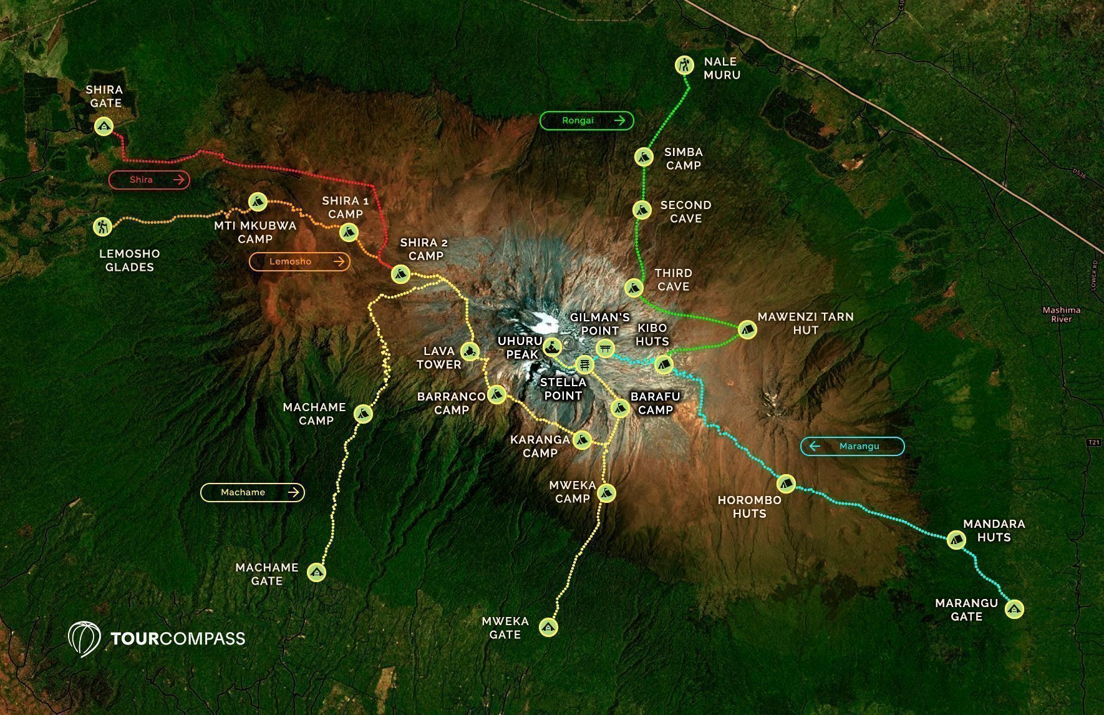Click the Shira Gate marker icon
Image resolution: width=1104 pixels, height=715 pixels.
104,127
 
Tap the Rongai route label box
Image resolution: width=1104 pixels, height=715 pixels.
586,120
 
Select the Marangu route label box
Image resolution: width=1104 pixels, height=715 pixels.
852,446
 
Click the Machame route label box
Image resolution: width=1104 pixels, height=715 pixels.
252,492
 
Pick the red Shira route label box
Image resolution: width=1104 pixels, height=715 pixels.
149,180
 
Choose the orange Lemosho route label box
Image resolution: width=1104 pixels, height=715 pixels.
299,261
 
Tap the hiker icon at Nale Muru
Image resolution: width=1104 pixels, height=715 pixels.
685,64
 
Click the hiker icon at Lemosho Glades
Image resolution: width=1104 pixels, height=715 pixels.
102,226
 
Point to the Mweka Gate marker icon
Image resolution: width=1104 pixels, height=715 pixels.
548,626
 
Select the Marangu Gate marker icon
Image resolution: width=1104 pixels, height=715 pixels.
1015,609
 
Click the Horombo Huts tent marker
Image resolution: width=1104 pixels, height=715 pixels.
786,483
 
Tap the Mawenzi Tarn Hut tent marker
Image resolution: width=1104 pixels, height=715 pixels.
747,329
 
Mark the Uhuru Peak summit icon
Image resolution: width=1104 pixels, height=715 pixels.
552,346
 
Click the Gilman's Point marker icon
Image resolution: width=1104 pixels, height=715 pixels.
604,348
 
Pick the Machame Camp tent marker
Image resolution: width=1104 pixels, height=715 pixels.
363,413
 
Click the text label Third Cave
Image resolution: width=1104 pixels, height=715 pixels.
673,280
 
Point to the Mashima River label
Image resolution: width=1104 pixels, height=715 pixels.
1061,314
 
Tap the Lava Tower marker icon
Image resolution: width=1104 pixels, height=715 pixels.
470,352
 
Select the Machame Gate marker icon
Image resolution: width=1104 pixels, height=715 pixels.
317,572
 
